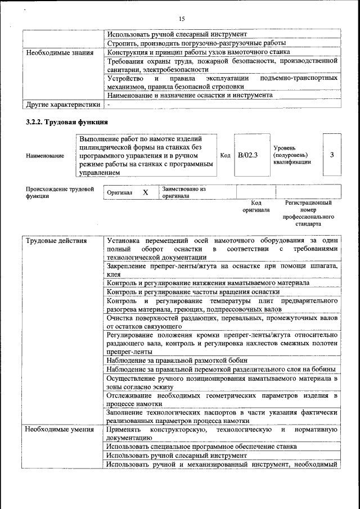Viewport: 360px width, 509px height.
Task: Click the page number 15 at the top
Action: [182, 19]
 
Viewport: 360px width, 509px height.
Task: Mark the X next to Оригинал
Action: [145, 192]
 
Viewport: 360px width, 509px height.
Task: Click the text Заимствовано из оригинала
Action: [184, 193]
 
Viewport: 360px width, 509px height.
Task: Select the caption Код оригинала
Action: [256, 206]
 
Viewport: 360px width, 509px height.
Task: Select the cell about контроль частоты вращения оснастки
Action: [193, 292]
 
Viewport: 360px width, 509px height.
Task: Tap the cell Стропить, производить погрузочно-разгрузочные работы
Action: [196, 43]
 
